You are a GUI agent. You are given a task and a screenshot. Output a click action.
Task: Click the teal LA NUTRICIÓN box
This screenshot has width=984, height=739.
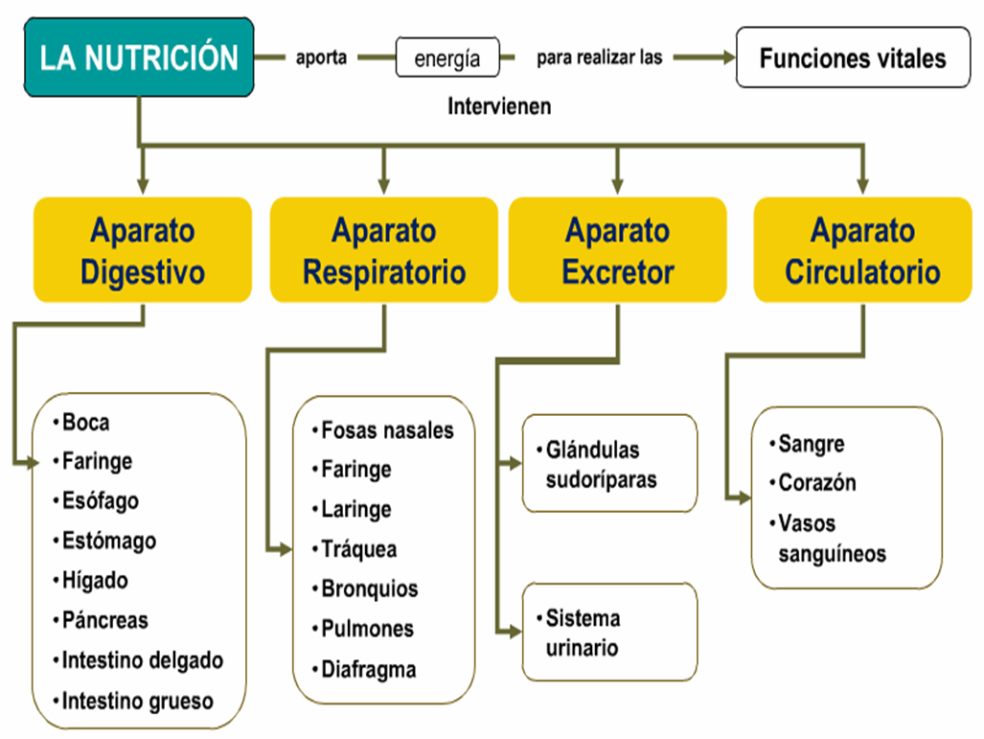click(x=139, y=58)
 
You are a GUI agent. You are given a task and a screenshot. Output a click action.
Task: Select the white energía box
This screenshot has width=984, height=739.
click(x=448, y=58)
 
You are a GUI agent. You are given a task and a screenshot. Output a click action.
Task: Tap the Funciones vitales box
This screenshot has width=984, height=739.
click(x=852, y=58)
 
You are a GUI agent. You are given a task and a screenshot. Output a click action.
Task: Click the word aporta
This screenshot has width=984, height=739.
click(x=321, y=58)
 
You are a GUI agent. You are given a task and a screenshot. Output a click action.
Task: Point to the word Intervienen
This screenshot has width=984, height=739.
click(x=499, y=106)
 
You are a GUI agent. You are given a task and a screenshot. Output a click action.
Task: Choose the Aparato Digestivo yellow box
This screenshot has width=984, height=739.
click(x=143, y=251)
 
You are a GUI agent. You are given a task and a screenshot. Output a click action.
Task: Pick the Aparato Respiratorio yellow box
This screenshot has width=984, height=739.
click(x=384, y=251)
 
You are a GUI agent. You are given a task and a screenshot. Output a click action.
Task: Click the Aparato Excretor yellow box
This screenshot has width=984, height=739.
click(x=617, y=251)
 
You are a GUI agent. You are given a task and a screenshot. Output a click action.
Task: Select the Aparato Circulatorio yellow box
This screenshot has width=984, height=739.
click(x=862, y=251)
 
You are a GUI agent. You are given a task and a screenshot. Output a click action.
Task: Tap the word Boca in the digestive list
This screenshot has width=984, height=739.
click(x=85, y=423)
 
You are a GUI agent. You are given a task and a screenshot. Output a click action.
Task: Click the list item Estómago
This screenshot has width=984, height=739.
click(x=108, y=542)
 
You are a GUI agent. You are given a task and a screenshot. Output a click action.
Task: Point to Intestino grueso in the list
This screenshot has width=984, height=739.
click(x=137, y=701)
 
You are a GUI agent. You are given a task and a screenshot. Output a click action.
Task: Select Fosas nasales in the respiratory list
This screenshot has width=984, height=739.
click(x=387, y=430)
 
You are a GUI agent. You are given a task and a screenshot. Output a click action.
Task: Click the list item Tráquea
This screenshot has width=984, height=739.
click(x=358, y=550)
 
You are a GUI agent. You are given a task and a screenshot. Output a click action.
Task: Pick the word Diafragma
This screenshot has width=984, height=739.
click(x=369, y=670)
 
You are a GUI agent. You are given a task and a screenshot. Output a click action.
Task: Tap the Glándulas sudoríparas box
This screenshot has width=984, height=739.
click(x=609, y=464)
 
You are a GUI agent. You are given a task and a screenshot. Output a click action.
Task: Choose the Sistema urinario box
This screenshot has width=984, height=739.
click(x=609, y=633)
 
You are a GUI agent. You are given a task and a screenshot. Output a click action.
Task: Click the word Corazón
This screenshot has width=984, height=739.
click(x=816, y=483)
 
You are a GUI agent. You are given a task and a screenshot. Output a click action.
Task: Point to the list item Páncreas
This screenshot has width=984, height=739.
click(x=105, y=621)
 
